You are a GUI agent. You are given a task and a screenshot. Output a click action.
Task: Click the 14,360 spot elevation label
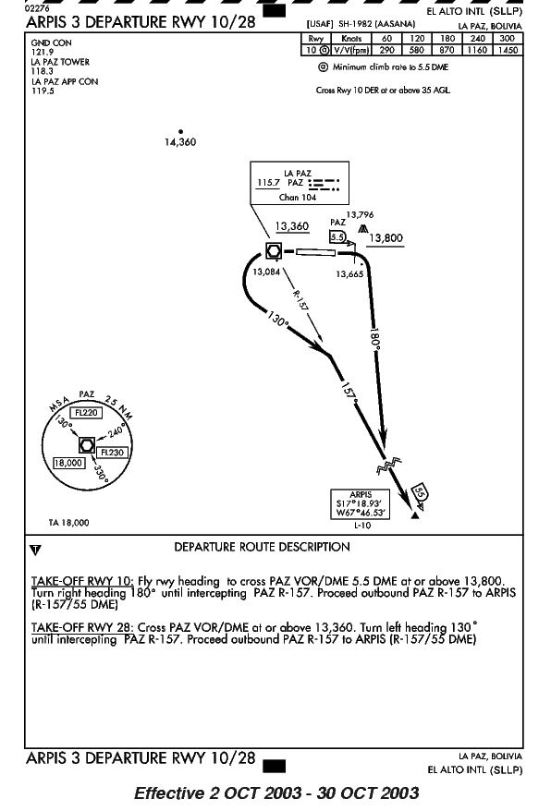click(180, 142)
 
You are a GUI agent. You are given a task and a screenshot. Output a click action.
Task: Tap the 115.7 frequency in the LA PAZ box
click(268, 183)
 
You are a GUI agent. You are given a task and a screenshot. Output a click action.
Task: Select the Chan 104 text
click(298, 197)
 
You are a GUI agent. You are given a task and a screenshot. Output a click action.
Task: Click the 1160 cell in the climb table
click(477, 50)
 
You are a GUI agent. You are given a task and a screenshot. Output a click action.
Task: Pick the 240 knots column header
click(477, 38)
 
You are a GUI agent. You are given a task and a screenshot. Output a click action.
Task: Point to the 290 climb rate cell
click(386, 50)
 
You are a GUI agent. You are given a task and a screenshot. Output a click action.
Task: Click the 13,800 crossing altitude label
click(386, 238)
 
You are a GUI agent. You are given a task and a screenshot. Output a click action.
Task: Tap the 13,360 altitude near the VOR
click(291, 226)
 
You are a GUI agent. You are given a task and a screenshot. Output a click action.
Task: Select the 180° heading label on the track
click(376, 339)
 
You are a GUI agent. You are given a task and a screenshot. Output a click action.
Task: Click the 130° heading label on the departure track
click(278, 319)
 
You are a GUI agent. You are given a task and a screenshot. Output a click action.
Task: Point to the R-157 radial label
click(300, 300)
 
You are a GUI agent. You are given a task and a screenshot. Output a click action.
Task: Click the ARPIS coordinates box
click(361, 504)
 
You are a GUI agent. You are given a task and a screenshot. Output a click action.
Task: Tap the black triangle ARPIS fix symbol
click(414, 515)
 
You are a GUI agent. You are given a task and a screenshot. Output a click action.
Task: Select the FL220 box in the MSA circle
click(86, 413)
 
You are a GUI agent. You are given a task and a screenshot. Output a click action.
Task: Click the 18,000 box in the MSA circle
click(68, 463)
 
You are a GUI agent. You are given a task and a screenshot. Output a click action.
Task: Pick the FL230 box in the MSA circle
click(112, 453)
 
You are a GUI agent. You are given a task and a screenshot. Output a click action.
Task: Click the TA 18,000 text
click(68, 523)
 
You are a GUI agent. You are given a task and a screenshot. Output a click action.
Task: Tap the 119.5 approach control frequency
click(43, 91)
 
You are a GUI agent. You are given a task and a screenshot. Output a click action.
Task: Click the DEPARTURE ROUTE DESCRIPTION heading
click(262, 547)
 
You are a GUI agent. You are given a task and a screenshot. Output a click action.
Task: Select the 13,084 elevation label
click(266, 272)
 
